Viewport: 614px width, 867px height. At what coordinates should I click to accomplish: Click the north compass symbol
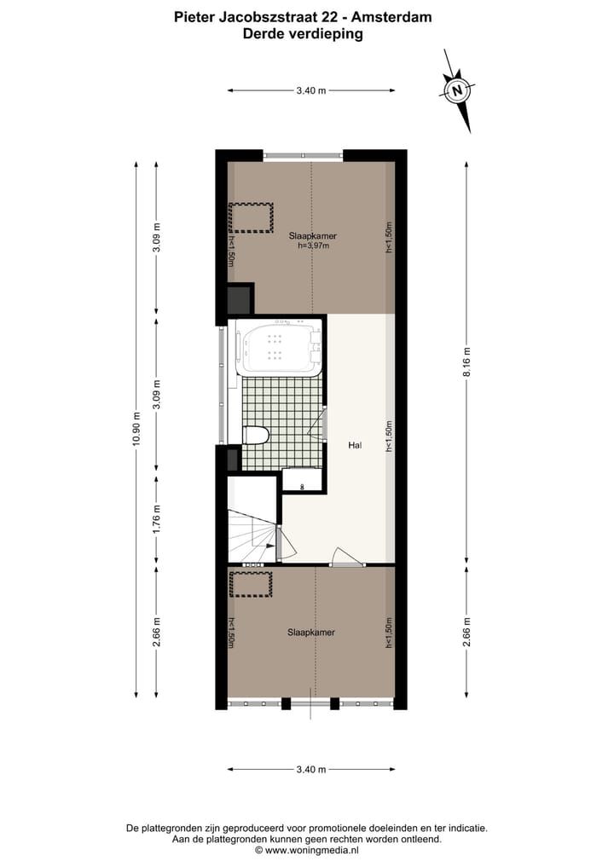458,90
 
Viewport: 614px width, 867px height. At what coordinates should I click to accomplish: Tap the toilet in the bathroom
255,436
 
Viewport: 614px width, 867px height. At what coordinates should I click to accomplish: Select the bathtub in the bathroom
276,348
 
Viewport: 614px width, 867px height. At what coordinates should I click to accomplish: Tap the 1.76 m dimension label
156,519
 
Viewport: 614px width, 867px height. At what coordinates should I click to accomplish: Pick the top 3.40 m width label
311,90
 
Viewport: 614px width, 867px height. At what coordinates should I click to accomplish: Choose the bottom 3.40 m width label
311,769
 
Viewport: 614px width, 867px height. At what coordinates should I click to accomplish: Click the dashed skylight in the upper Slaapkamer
250,217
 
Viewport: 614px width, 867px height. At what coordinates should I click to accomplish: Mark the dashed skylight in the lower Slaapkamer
251,584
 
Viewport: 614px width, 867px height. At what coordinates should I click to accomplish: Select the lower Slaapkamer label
310,633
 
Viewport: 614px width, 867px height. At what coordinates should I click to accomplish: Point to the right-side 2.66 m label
466,632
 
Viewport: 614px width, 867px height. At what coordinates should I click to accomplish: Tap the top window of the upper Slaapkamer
303,155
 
